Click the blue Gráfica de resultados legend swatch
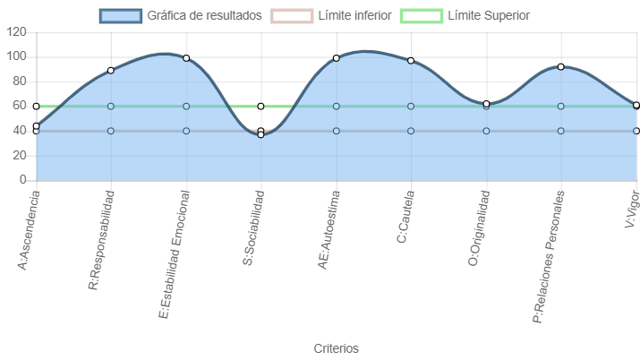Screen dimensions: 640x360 tap(121, 16)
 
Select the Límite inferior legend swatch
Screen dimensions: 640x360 tap(292, 16)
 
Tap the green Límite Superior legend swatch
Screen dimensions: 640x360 tap(422, 16)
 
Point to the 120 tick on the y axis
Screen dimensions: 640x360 tap(16, 32)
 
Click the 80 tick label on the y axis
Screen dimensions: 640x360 tap(20, 81)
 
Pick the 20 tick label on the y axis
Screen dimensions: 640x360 tap(20, 156)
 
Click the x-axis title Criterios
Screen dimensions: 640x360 tap(336, 348)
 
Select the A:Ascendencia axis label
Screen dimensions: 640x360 tap(29, 231)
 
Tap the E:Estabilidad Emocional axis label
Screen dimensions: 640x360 tap(175, 254)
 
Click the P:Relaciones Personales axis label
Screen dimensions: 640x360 tap(549, 257)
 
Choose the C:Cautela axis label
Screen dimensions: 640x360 tap(405, 217)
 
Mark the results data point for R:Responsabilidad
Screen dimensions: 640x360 tap(111, 71)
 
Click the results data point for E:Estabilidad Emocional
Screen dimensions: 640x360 tap(186, 58)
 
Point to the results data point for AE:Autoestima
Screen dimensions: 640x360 tap(336, 58)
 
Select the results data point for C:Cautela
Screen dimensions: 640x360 tap(411, 60)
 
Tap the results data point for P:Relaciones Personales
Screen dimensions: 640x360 tap(561, 66)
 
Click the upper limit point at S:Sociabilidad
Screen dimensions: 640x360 tap(260, 107)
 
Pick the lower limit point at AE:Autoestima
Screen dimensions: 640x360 tap(336, 131)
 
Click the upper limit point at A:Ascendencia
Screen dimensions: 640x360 tap(37, 107)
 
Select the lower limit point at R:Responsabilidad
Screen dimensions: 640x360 tap(111, 131)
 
